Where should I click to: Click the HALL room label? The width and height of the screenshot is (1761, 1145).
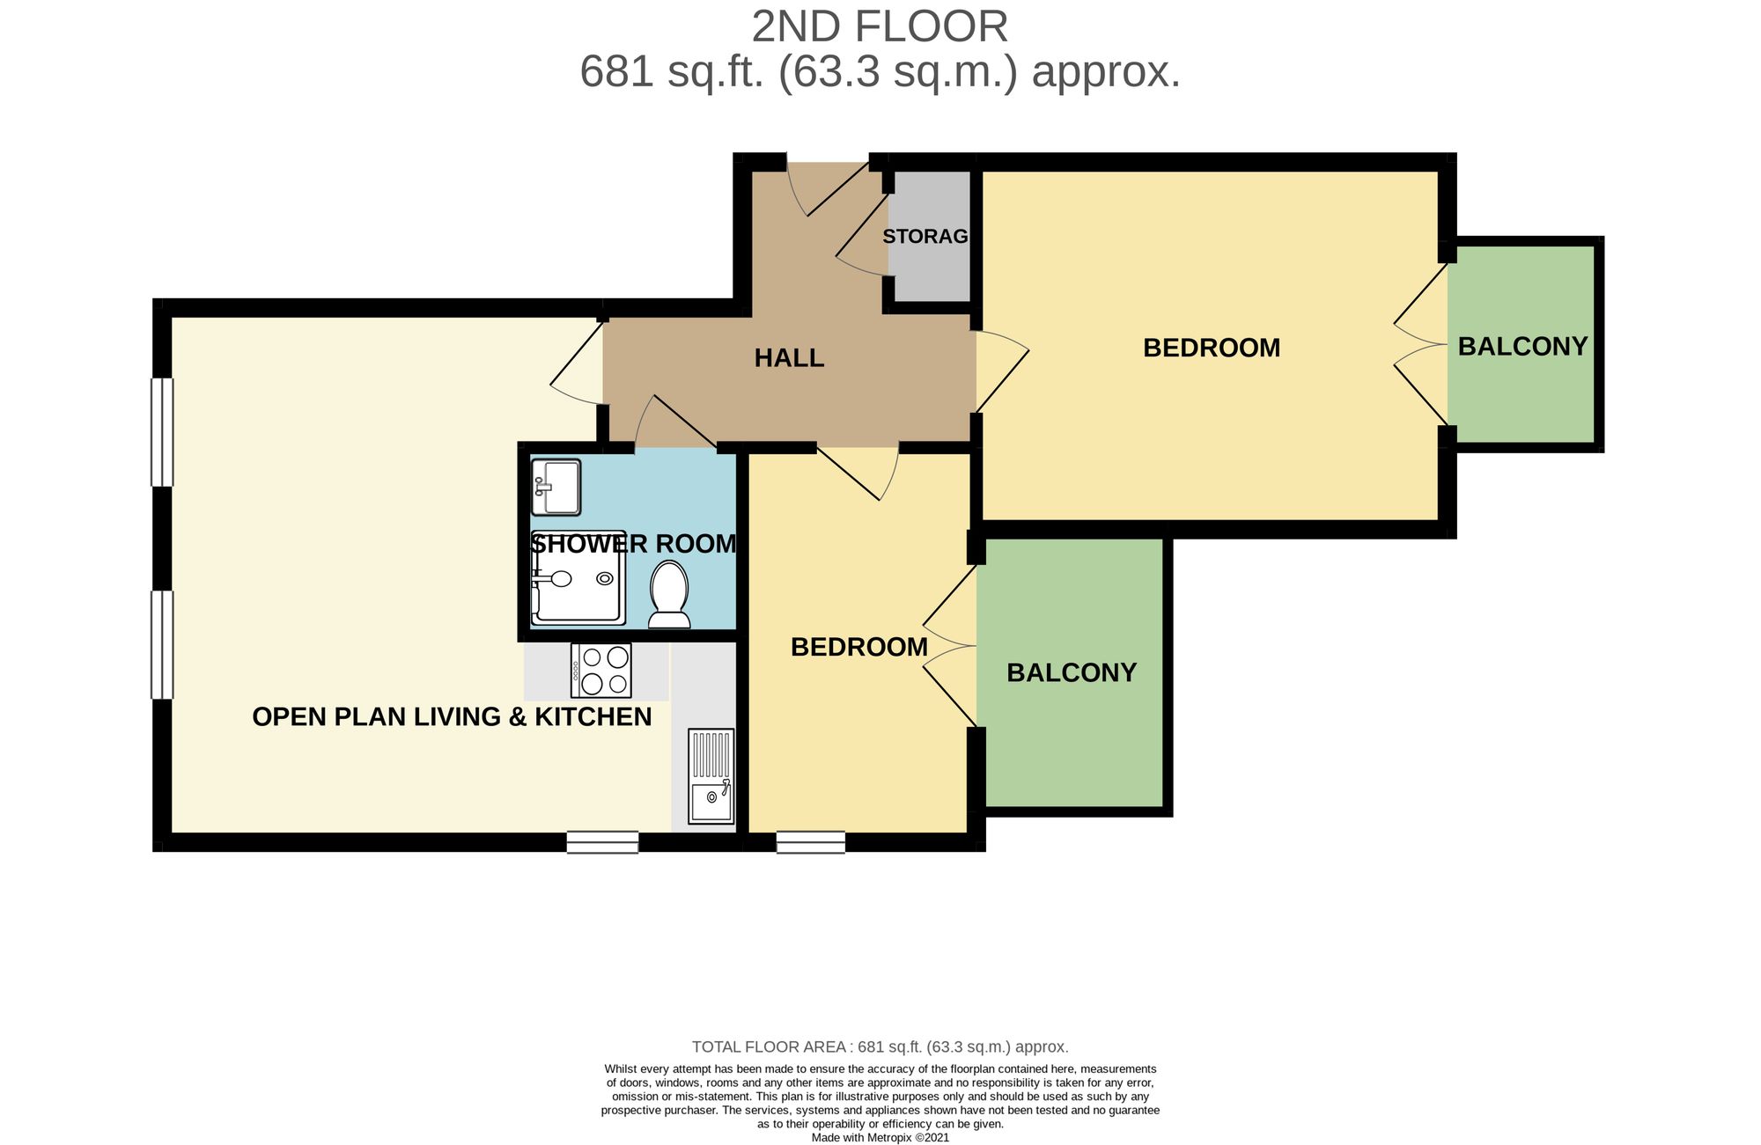(x=789, y=358)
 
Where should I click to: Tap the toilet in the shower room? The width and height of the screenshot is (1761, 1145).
(x=669, y=595)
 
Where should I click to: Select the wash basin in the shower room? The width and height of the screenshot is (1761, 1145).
(x=556, y=487)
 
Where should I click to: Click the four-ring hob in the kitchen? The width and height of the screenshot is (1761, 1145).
(x=601, y=671)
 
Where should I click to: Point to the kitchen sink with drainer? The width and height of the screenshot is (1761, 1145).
(x=711, y=775)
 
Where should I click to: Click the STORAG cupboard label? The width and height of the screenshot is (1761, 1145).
(x=925, y=237)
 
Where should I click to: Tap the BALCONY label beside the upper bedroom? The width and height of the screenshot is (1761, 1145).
(x=1522, y=347)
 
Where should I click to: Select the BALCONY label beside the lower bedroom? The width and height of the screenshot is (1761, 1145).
(x=1072, y=672)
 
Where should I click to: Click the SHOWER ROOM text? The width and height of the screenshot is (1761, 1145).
(x=633, y=544)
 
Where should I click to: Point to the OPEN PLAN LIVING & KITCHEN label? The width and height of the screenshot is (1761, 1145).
(x=452, y=716)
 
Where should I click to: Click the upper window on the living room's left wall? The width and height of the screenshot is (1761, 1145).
(x=162, y=432)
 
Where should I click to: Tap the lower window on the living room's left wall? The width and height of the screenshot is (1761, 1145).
(x=162, y=645)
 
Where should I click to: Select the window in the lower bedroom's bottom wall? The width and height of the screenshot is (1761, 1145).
(x=811, y=842)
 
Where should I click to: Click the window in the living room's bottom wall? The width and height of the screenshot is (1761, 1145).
(x=602, y=842)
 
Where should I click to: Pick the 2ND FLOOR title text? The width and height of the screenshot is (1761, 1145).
(x=880, y=26)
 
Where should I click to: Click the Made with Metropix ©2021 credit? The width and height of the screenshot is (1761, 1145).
(x=880, y=1137)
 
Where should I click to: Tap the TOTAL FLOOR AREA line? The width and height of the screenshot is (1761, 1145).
(x=880, y=1046)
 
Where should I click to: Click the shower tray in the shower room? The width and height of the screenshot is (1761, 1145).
(x=578, y=578)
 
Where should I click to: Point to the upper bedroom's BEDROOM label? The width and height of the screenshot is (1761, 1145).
(x=1212, y=349)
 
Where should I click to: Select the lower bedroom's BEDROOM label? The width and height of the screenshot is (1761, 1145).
(x=859, y=648)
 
